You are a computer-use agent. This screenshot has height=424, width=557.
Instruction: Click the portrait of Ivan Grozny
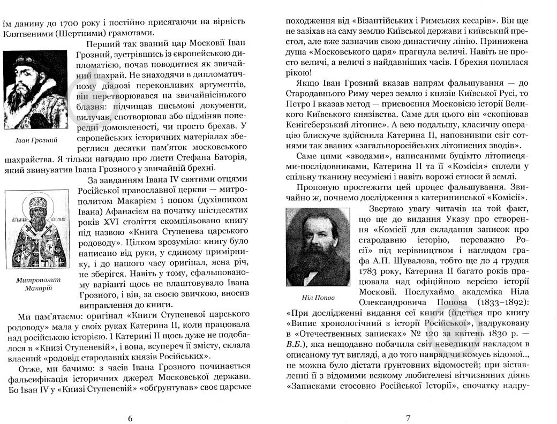pyautogui.click(x=36, y=90)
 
